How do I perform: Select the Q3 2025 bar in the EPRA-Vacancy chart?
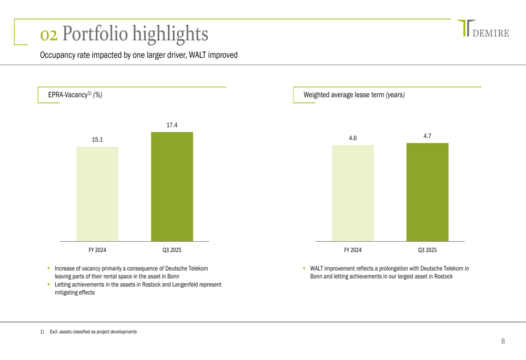tap(172, 187)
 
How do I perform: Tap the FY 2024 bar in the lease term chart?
tap(353, 193)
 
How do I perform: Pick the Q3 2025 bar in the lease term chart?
tap(428, 192)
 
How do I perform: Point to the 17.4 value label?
tap(172, 125)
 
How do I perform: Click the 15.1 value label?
tap(97, 140)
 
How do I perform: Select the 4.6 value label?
tap(353, 138)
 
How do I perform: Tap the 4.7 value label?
tap(427, 136)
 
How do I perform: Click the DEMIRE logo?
tap(483, 29)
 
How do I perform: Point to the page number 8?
tap(503, 342)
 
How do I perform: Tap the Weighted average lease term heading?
tap(354, 95)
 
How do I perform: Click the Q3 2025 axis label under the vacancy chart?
tap(172, 250)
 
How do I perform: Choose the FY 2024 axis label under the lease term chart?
tap(353, 250)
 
